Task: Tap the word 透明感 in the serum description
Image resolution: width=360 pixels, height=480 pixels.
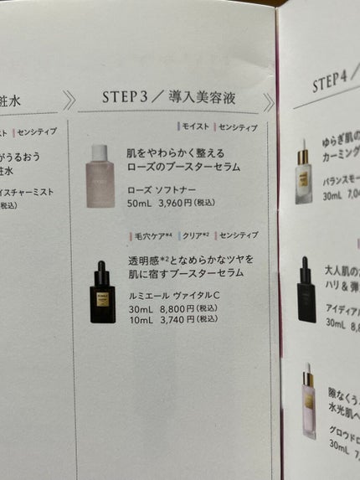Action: point(144,261)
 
